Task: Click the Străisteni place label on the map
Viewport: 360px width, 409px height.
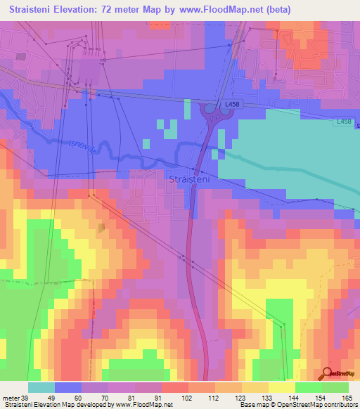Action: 190,180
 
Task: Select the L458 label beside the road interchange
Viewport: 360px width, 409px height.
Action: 233,104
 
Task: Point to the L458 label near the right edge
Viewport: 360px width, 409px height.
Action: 343,122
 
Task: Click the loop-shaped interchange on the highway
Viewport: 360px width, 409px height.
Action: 210,111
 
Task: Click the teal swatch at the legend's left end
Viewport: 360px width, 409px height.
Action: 41,387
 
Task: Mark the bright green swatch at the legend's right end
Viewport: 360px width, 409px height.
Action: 335,387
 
